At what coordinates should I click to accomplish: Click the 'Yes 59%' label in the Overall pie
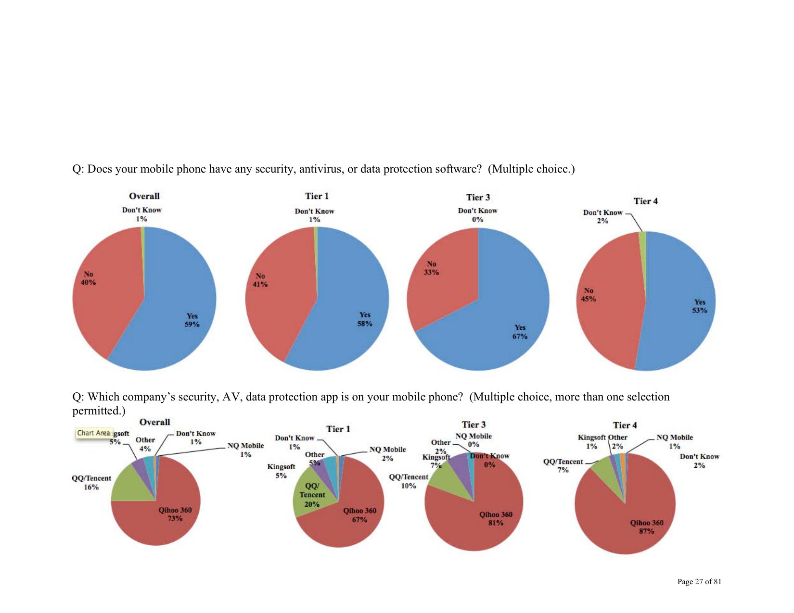click(x=192, y=320)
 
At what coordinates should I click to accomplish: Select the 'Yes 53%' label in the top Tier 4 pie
click(x=700, y=306)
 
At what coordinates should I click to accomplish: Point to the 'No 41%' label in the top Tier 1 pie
click(x=260, y=280)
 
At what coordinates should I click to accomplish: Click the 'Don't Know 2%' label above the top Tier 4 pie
click(x=602, y=216)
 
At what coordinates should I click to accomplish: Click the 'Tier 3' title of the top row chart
click(x=478, y=197)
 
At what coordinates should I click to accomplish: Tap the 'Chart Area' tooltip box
click(x=94, y=433)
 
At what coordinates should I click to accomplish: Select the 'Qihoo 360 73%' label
click(x=175, y=514)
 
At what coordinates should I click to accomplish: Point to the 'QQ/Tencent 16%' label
click(x=91, y=483)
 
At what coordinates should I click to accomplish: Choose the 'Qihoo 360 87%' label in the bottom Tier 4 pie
click(x=647, y=527)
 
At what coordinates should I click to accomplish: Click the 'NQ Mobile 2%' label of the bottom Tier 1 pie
click(x=387, y=454)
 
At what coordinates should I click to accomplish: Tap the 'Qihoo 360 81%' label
click(x=496, y=519)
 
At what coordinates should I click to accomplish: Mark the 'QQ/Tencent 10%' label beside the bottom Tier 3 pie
click(x=409, y=481)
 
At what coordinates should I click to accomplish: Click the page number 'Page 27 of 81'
click(x=699, y=582)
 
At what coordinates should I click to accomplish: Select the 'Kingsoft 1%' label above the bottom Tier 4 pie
click(x=591, y=442)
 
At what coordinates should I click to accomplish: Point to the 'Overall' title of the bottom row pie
click(x=154, y=422)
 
